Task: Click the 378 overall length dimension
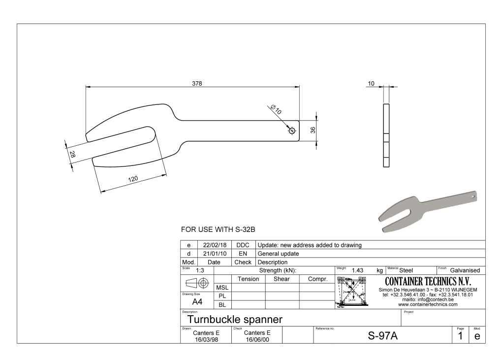pyautogui.click(x=197, y=83)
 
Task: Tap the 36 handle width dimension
pyautogui.click(x=313, y=131)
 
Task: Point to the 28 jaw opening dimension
pyautogui.click(x=72, y=154)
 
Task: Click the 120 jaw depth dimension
pyautogui.click(x=133, y=179)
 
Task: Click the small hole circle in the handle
pyautogui.click(x=292, y=131)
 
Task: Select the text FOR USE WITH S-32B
pyautogui.click(x=218, y=229)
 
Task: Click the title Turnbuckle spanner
pyautogui.click(x=235, y=320)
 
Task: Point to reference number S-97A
pyautogui.click(x=382, y=336)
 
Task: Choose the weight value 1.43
pyautogui.click(x=357, y=270)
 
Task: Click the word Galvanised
pyautogui.click(x=465, y=270)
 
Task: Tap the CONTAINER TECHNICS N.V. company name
pyautogui.click(x=428, y=282)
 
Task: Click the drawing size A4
pyautogui.click(x=197, y=301)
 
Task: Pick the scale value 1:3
pyautogui.click(x=200, y=270)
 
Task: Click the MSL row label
pyautogui.click(x=222, y=287)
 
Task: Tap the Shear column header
pyautogui.click(x=282, y=279)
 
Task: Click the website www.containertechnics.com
pyautogui.click(x=428, y=304)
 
